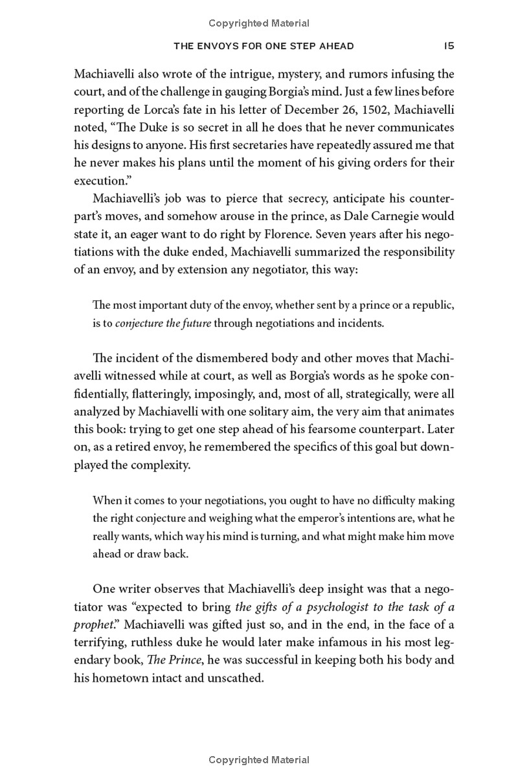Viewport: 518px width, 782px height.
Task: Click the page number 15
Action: coord(449,46)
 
